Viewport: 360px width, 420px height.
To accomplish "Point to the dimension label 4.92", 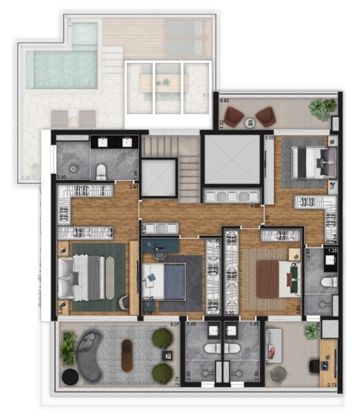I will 224,101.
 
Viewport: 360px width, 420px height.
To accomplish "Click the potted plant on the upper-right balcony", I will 321,108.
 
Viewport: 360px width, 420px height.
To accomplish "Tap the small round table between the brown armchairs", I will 250,123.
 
